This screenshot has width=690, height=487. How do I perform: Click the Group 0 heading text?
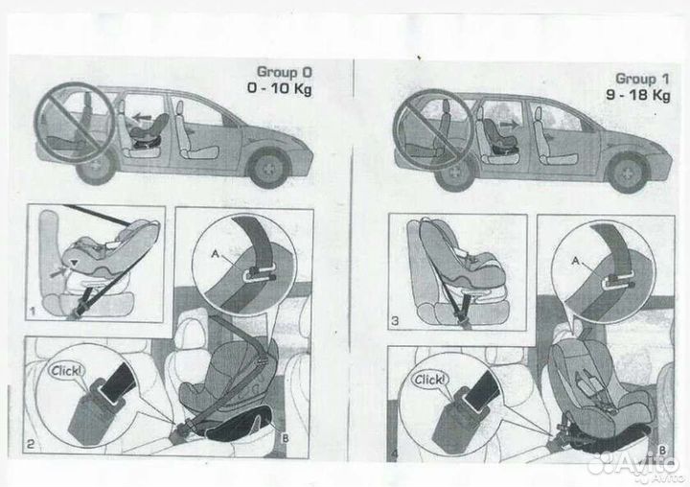(284, 71)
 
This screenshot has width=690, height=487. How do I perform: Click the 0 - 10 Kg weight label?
(279, 88)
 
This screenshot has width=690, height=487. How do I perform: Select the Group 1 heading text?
(642, 79)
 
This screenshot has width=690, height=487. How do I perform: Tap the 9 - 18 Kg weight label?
(638, 95)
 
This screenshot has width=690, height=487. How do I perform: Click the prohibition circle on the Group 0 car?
(75, 123)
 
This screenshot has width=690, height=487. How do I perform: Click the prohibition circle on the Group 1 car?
(433, 129)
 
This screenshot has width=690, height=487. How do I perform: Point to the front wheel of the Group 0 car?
(268, 168)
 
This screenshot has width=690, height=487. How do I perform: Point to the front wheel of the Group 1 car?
(628, 173)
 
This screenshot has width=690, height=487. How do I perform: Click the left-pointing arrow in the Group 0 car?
(142, 118)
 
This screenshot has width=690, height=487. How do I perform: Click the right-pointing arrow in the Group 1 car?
(510, 125)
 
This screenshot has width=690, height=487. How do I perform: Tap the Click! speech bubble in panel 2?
(66, 370)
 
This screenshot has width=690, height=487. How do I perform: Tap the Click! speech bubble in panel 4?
(429, 380)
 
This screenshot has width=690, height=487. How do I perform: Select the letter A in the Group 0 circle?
(216, 254)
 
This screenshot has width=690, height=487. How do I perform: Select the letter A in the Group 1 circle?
(576, 261)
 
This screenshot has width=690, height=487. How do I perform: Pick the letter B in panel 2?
(286, 438)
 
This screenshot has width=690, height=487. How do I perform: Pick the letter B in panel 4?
(662, 450)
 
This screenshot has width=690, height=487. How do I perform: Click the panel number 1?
(33, 312)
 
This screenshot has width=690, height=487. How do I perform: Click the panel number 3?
(395, 321)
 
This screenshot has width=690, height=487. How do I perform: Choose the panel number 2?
(30, 444)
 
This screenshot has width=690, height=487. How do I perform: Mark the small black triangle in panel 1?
(76, 263)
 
